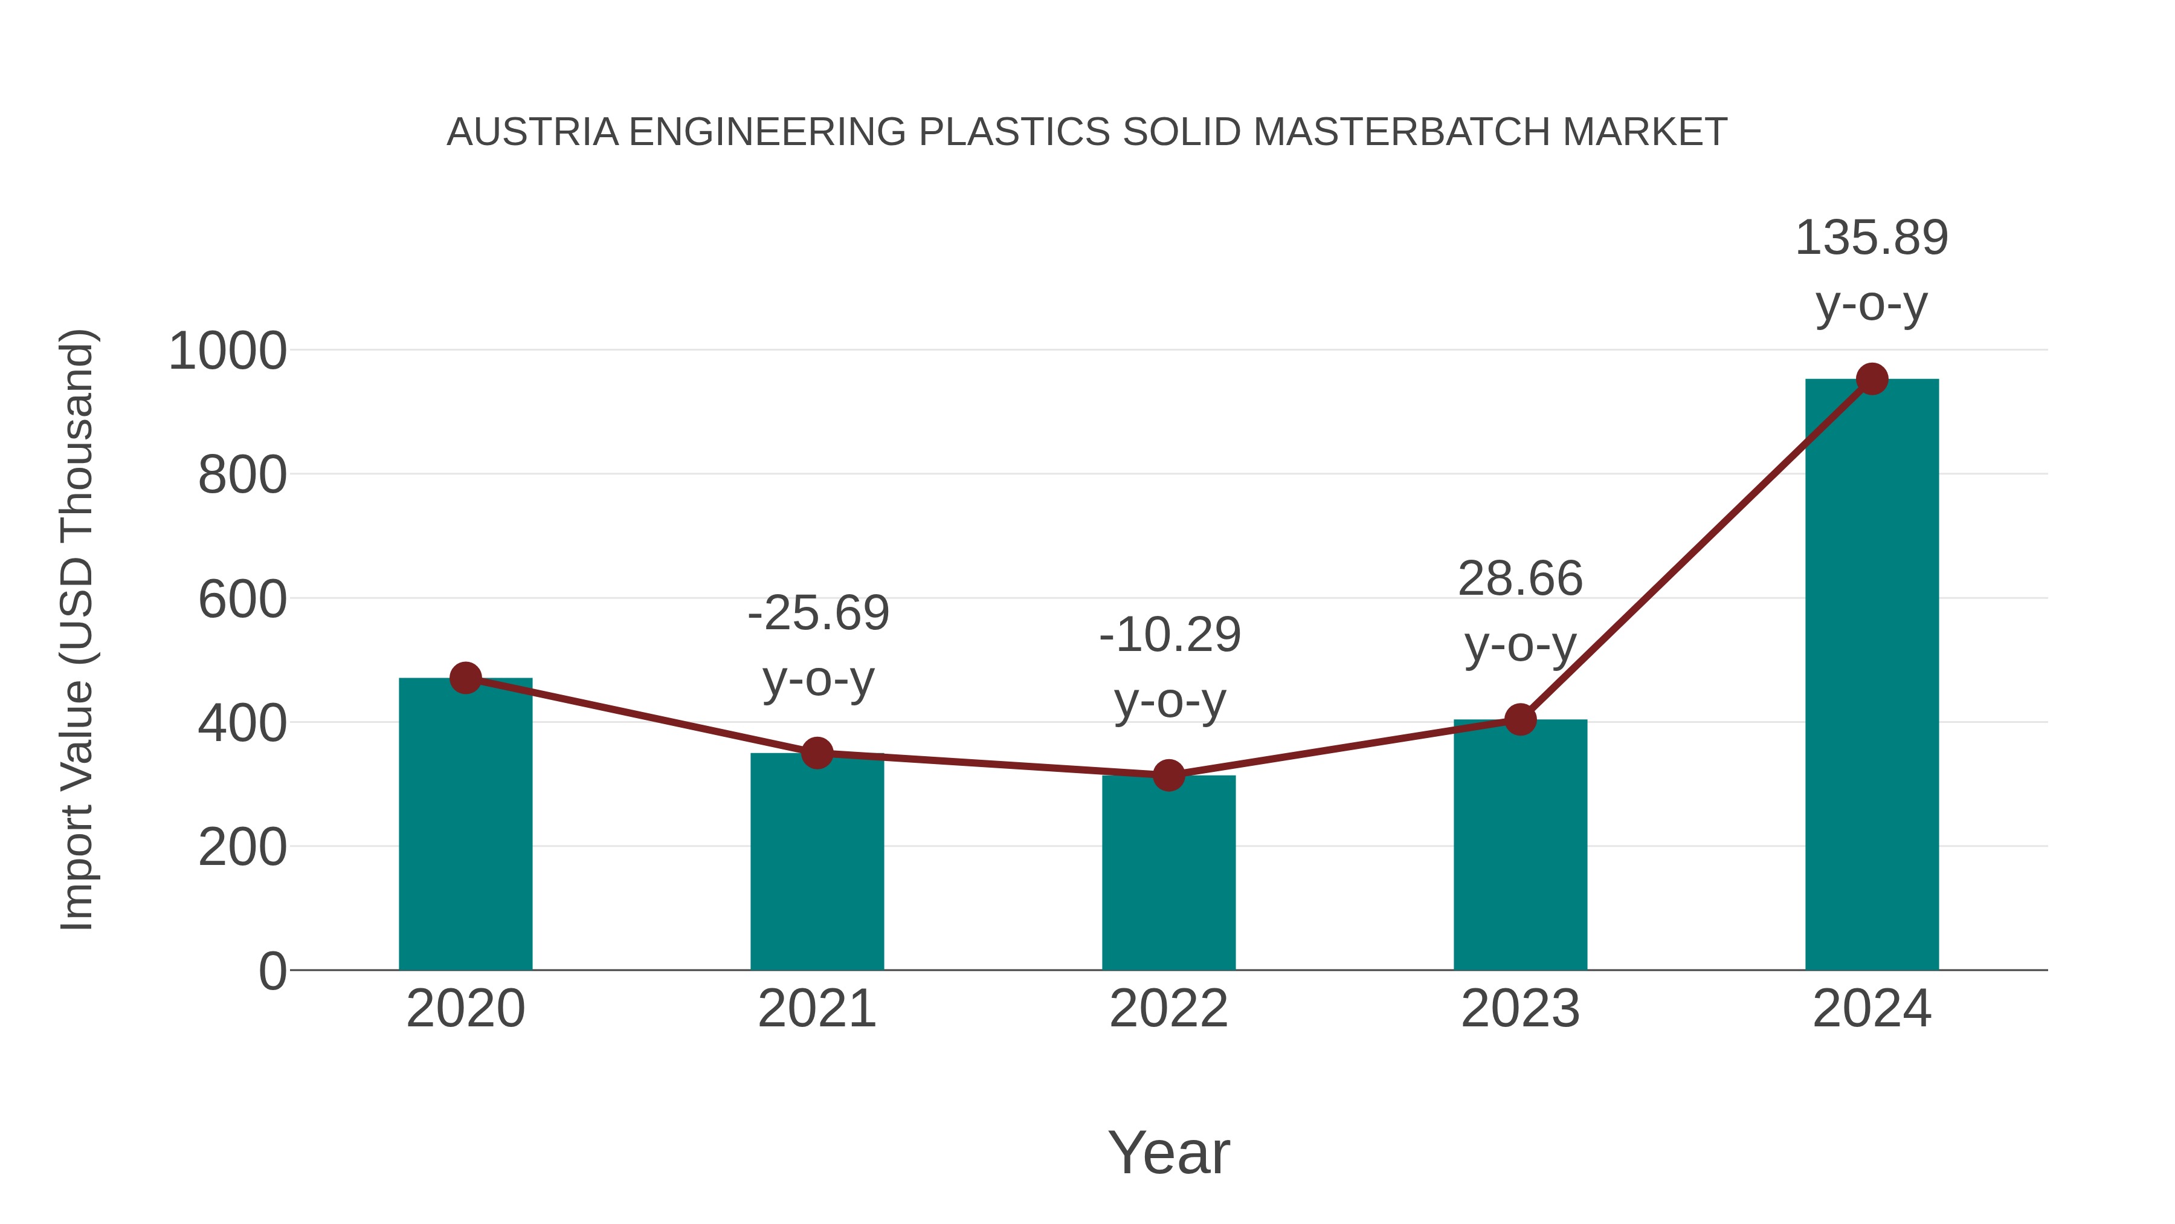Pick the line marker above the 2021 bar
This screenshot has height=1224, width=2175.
pos(817,753)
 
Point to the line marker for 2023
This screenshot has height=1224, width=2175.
pos(1520,720)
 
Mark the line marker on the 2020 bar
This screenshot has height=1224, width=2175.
pos(465,678)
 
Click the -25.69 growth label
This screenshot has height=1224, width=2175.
pos(818,614)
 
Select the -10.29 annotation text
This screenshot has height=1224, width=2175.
pos(1170,635)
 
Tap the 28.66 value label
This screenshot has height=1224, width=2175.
pos(1520,580)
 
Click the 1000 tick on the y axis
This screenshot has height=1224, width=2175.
pos(228,351)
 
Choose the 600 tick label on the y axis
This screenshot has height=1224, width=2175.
pos(242,601)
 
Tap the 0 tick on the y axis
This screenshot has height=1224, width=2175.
pos(272,971)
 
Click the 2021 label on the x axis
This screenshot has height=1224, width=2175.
pos(817,1009)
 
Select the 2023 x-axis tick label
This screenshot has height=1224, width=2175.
pos(1520,1009)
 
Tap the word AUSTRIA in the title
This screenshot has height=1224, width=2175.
pos(533,132)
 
